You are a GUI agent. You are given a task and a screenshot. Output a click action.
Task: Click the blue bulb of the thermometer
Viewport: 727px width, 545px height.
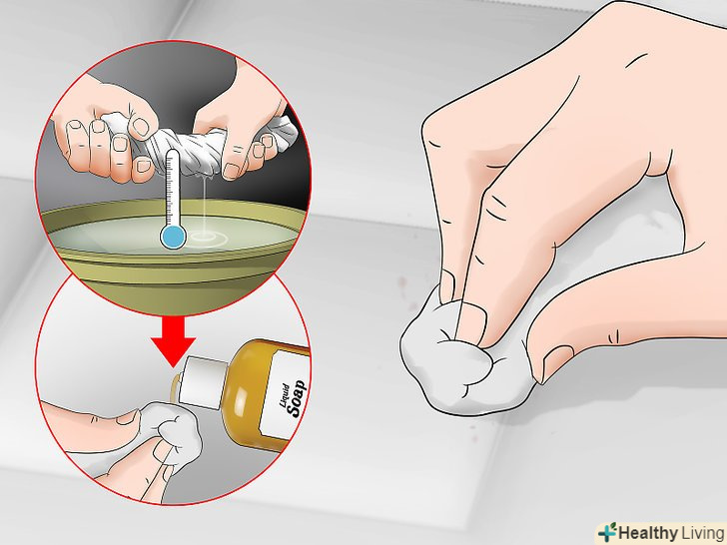(173, 237)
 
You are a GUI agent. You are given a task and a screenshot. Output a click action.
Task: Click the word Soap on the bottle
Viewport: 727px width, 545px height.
(296, 398)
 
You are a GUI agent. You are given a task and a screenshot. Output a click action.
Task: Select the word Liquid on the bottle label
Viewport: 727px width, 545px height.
(285, 395)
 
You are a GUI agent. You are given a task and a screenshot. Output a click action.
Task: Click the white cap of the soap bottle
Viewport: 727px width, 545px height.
(204, 382)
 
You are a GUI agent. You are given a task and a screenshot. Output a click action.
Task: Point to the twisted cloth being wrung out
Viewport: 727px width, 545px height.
(218, 139)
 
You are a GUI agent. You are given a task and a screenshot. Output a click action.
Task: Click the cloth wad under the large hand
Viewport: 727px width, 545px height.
(468, 357)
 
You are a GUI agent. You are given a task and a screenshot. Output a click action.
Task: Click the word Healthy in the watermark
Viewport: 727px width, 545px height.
(648, 533)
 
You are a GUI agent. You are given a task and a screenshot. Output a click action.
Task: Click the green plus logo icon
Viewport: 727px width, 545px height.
(607, 532)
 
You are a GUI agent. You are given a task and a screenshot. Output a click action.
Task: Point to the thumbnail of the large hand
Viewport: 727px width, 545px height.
(557, 362)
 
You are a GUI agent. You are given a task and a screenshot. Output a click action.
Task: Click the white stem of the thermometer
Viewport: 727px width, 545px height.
(172, 187)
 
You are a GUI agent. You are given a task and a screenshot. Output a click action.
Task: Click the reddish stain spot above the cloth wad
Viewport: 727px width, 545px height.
(402, 281)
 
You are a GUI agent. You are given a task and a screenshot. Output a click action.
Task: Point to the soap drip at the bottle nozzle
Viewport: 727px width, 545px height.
(175, 387)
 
